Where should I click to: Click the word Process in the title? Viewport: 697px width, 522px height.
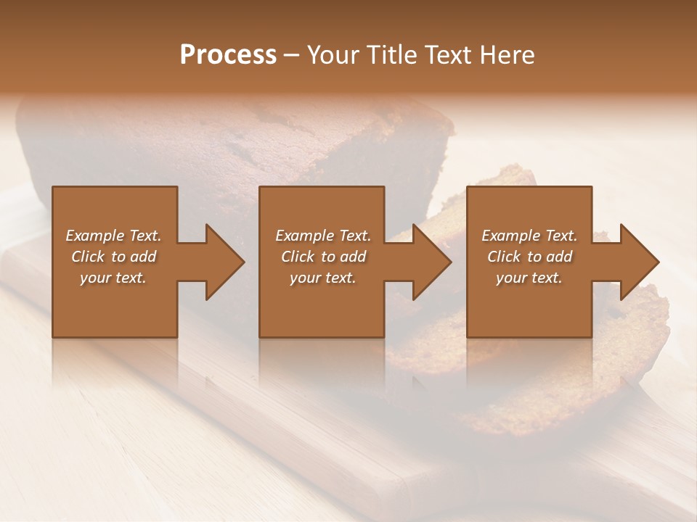(228, 55)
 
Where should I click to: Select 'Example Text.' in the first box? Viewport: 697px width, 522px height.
(113, 236)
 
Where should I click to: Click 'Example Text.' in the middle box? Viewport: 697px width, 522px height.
(323, 236)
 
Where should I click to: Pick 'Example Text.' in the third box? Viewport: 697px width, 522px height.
(529, 236)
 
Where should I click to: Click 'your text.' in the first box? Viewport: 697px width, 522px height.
(113, 278)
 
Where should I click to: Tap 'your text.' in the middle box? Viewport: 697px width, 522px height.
(323, 278)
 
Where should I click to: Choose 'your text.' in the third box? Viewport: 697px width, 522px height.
(529, 278)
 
